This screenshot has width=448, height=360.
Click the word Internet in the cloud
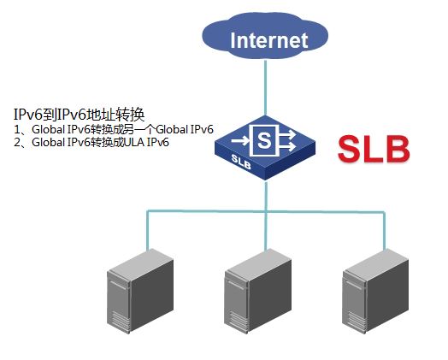(x=268, y=40)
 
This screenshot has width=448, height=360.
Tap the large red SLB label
(x=374, y=149)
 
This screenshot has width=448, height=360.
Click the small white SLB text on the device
(x=241, y=162)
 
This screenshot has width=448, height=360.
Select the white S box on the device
(x=263, y=140)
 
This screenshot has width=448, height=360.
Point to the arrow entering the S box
(x=240, y=140)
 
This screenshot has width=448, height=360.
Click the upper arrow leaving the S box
(x=287, y=133)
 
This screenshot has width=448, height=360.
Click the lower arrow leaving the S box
(x=287, y=146)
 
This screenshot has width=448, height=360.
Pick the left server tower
(x=140, y=291)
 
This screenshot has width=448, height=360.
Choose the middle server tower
(x=257, y=291)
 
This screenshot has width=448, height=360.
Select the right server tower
(x=375, y=291)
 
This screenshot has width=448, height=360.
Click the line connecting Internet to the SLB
(x=265, y=87)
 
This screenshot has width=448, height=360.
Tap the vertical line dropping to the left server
(x=147, y=230)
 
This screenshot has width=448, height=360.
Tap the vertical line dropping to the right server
(x=384, y=230)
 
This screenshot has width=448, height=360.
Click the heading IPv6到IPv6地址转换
(x=80, y=115)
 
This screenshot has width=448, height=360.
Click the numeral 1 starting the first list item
(x=17, y=130)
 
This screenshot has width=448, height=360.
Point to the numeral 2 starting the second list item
(x=17, y=142)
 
